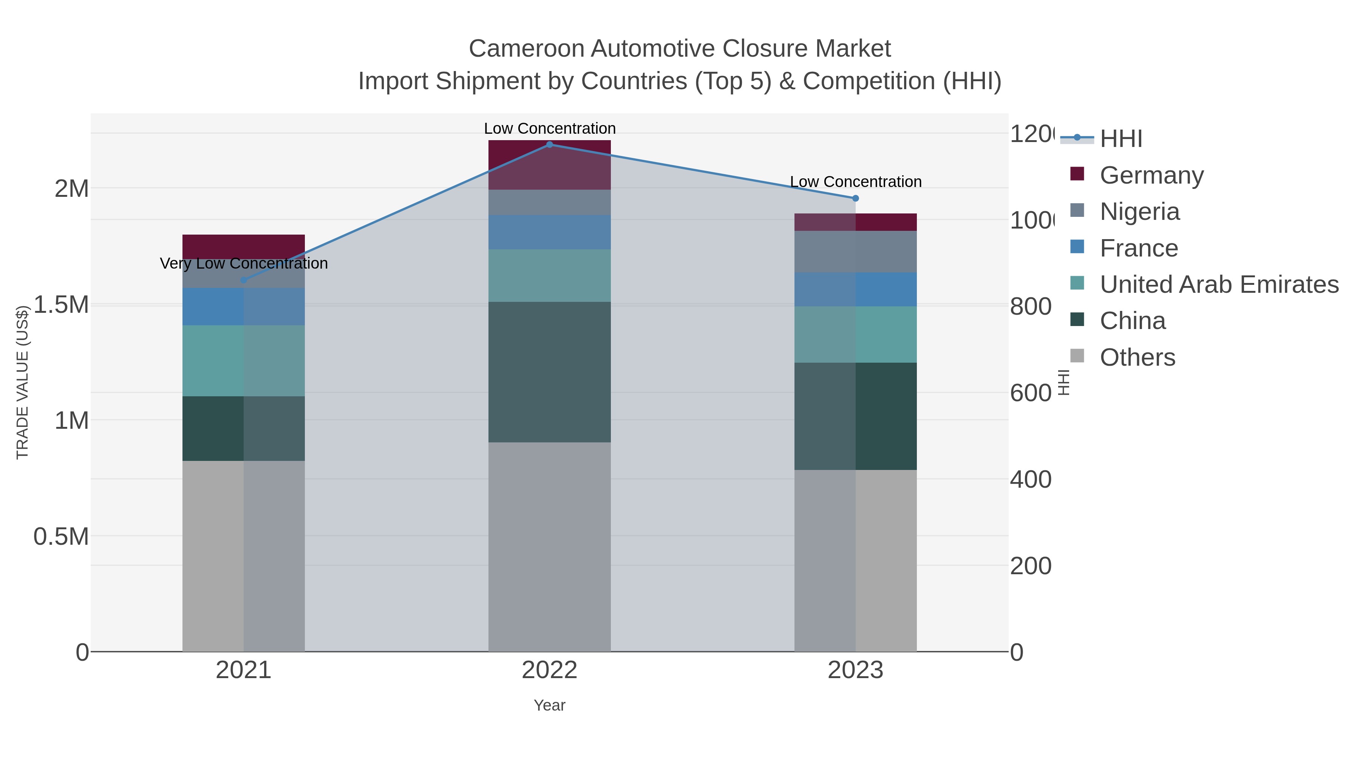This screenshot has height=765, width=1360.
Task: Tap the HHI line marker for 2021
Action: coord(243,280)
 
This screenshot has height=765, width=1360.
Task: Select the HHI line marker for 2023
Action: coord(855,198)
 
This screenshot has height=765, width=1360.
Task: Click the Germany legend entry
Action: coord(1151,175)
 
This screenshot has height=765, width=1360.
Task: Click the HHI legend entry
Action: coord(1120,139)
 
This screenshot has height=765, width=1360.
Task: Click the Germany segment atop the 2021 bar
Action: coord(243,246)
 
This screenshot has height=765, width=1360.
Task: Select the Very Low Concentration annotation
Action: coord(243,263)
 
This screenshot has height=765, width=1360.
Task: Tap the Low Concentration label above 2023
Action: coord(855,182)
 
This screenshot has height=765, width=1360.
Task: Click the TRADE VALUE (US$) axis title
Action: coord(22,382)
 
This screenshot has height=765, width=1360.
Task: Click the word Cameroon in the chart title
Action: coord(525,49)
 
